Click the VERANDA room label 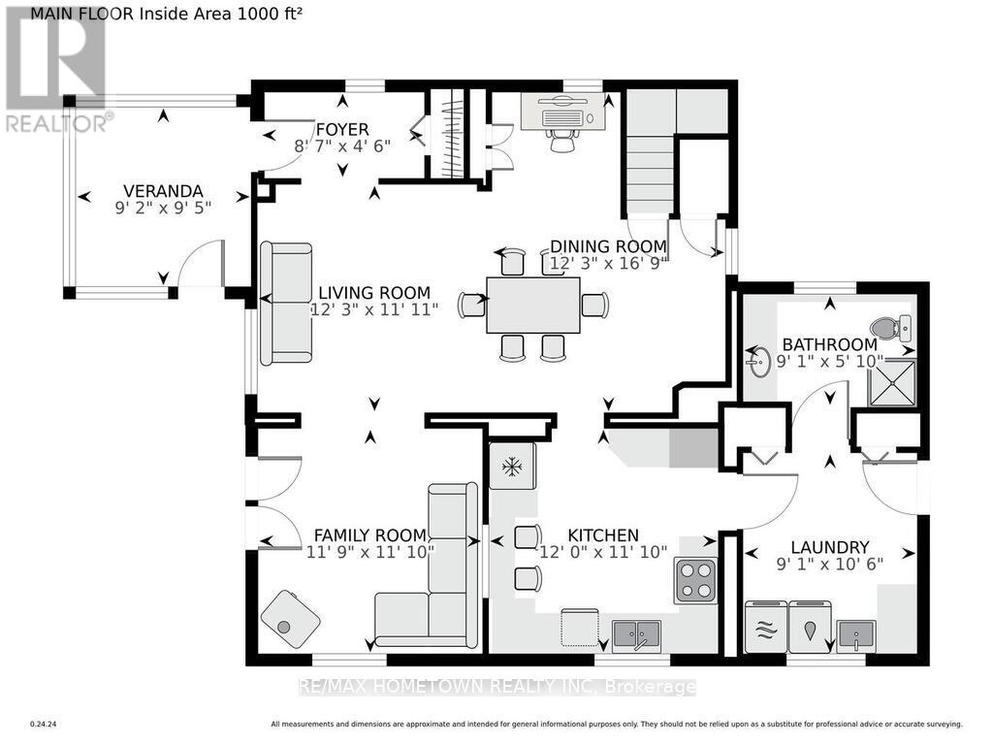[162, 190]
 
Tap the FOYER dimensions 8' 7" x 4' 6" [341, 146]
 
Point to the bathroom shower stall [890, 380]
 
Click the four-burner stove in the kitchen [695, 580]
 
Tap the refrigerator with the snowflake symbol [512, 467]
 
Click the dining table [533, 305]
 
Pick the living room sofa [286, 303]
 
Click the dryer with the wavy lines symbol [765, 629]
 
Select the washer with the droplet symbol [810, 629]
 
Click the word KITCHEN [603, 535]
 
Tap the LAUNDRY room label [829, 547]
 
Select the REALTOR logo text [58, 123]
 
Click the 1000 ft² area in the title [262, 14]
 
